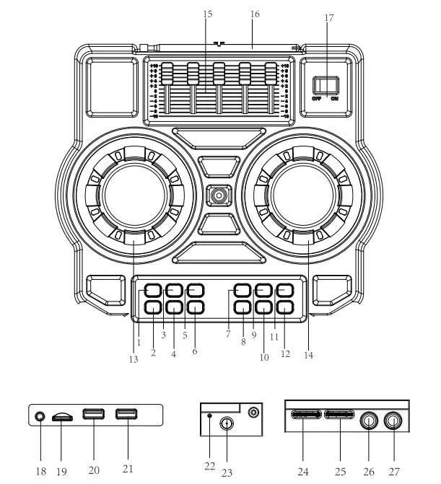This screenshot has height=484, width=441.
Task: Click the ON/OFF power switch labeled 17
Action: point(329,86)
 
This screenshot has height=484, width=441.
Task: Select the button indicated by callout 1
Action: point(152,291)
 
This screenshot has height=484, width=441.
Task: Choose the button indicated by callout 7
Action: point(243,291)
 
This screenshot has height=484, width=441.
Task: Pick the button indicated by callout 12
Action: point(285,307)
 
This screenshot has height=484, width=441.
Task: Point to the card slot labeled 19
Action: point(63,417)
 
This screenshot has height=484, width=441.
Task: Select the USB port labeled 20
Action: point(93,415)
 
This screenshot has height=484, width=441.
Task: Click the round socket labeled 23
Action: point(227,424)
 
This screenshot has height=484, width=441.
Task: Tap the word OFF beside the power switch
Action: point(318,100)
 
